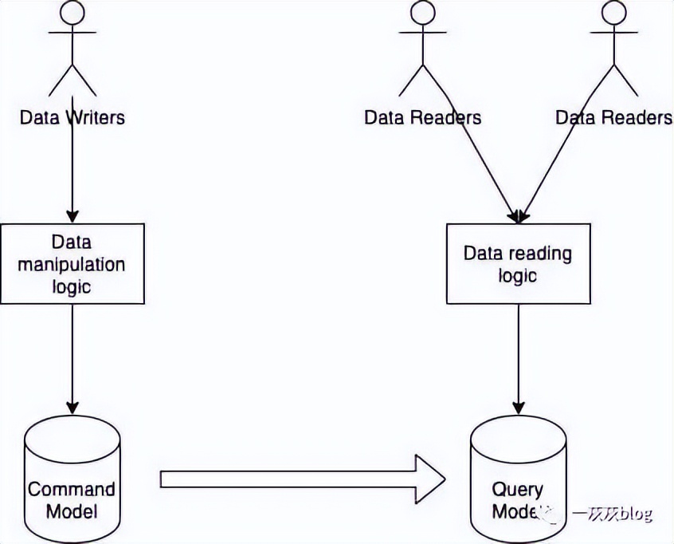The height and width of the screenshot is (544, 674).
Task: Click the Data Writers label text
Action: tap(72, 117)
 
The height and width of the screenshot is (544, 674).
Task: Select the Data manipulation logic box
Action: tap(72, 263)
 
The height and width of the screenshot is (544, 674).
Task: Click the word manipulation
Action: tap(72, 263)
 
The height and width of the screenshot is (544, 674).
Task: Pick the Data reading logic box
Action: tap(518, 263)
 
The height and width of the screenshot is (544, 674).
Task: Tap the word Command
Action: tap(72, 488)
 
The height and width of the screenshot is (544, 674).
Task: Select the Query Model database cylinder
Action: tap(518, 479)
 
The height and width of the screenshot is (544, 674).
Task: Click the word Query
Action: tap(518, 489)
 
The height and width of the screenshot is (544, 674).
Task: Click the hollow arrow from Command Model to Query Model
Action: tap(303, 479)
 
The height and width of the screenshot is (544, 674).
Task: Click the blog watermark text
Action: tap(611, 514)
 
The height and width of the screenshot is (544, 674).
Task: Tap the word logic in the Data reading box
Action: tap(518, 276)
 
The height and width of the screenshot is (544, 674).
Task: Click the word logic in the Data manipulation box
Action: tap(72, 286)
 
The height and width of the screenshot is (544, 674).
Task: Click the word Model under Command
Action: tap(72, 511)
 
